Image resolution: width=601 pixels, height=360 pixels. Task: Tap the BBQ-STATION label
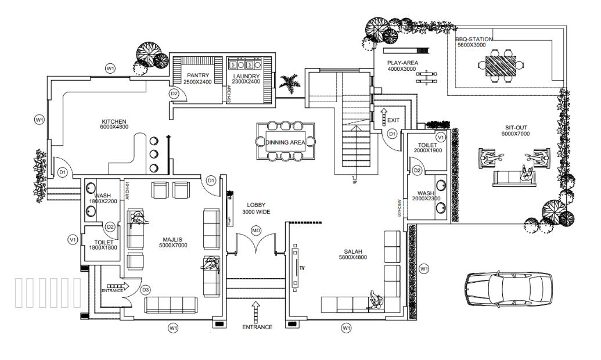click(474, 39)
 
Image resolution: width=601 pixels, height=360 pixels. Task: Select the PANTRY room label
click(198, 75)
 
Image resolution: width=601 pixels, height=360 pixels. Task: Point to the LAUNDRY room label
click(246, 75)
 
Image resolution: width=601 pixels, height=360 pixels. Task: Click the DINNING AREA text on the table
click(285, 142)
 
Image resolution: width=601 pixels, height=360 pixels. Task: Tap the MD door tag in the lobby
click(255, 231)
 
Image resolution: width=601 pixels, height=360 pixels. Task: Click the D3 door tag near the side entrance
click(146, 290)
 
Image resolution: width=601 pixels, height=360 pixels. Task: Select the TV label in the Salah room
click(302, 268)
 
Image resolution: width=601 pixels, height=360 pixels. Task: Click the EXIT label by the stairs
click(393, 120)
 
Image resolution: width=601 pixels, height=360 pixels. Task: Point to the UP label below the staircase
click(354, 182)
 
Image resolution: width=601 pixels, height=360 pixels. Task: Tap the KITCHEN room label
click(114, 122)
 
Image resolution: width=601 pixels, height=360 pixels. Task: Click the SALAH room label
click(351, 253)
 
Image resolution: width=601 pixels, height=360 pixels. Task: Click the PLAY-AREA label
click(402, 63)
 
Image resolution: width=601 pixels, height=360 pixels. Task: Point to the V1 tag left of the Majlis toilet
click(73, 239)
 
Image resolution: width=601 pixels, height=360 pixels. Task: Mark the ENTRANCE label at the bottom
click(257, 327)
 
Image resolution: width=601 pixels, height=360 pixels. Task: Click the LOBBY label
click(255, 205)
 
